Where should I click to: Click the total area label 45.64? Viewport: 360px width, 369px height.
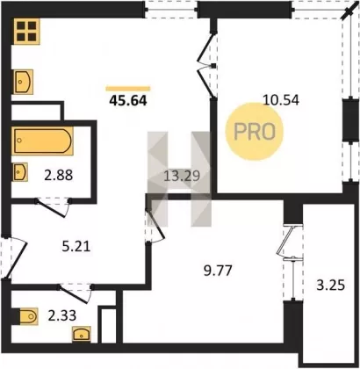click(x=128, y=100)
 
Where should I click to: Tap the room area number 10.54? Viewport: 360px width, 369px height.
click(x=281, y=100)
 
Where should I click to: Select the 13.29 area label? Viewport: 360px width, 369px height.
click(x=182, y=177)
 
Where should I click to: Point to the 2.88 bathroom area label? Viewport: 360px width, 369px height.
click(x=59, y=176)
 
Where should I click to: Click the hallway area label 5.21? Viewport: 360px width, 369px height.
click(x=76, y=247)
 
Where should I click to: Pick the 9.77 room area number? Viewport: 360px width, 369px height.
click(x=218, y=271)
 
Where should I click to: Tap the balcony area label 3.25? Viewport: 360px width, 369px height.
click(x=331, y=285)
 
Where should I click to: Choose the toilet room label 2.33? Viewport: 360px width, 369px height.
click(x=62, y=315)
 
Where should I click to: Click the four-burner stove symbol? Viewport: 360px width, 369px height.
click(x=26, y=32)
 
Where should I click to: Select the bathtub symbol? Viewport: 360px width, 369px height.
click(x=43, y=141)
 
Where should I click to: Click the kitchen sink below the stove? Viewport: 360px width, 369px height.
click(x=23, y=82)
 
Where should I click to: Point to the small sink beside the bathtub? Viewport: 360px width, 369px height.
click(x=19, y=172)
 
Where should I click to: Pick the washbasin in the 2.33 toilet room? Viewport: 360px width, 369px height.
click(x=82, y=335)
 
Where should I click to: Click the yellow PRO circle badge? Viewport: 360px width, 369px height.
click(x=255, y=132)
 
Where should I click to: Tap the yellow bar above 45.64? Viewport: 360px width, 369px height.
click(x=128, y=89)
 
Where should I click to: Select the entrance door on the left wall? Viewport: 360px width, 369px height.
click(x=14, y=257)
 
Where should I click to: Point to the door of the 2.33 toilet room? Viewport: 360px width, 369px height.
click(x=76, y=293)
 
